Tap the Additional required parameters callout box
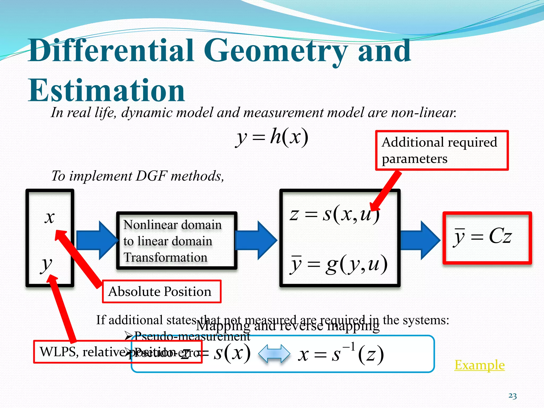(441, 150)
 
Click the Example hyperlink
(479, 365)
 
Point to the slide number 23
(512, 396)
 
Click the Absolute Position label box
(161, 292)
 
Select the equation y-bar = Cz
(482, 236)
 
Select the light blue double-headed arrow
(274, 354)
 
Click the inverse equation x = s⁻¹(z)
(341, 354)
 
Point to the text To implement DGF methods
(138, 176)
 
